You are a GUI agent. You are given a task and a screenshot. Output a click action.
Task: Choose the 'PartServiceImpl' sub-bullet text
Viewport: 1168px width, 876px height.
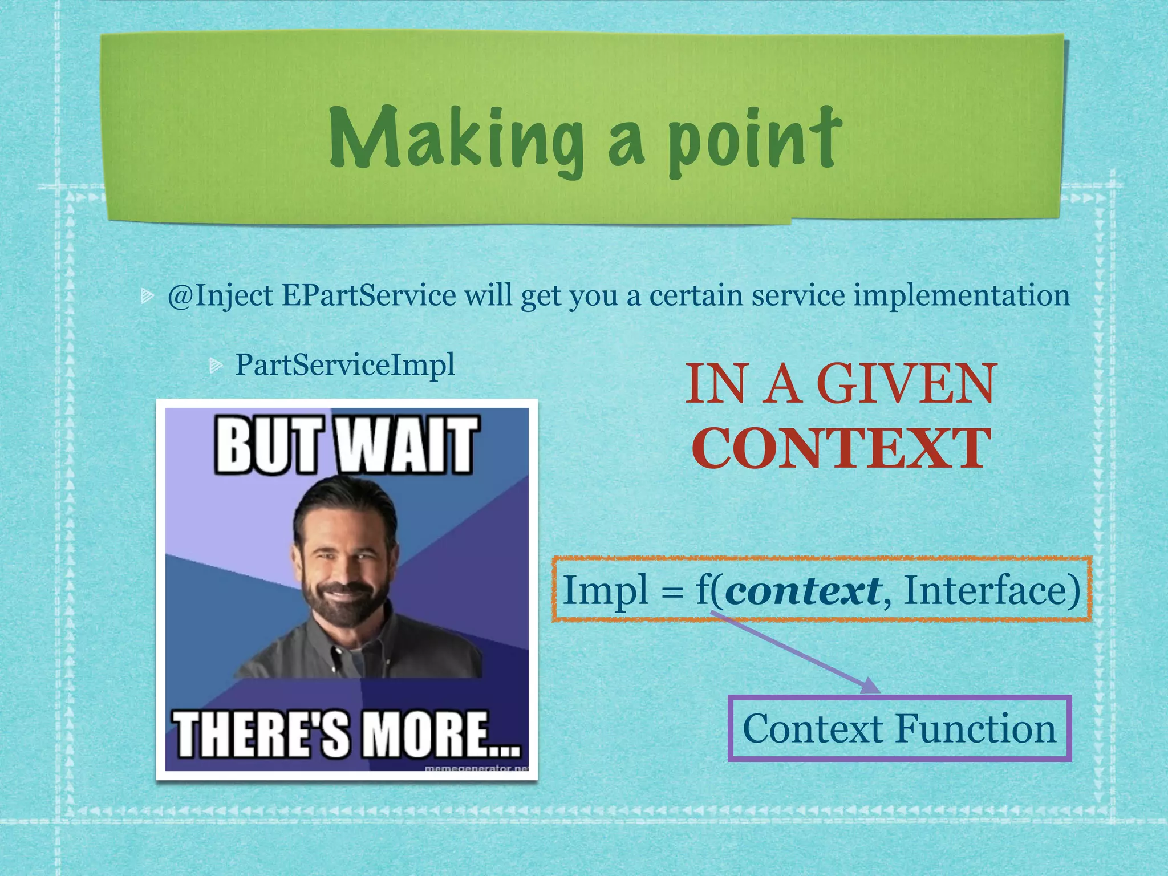345,365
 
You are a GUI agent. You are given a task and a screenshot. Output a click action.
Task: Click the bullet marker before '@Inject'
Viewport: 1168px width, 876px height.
147,295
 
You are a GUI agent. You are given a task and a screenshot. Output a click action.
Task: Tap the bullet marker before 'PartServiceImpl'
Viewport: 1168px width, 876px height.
215,365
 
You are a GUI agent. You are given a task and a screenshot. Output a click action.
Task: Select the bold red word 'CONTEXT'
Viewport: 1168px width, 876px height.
841,449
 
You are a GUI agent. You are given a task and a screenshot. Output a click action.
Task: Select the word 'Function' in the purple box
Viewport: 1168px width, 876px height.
975,729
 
